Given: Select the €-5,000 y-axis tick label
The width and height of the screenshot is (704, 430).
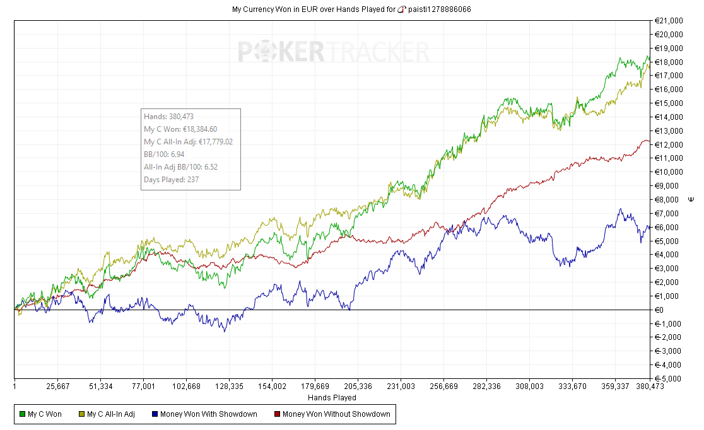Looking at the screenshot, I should click(x=668, y=379).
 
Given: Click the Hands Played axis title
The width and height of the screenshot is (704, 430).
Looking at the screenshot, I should click(x=332, y=398).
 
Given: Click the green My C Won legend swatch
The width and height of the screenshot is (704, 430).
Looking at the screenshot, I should click(x=23, y=414).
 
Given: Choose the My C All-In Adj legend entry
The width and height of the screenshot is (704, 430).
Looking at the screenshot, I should click(x=110, y=414).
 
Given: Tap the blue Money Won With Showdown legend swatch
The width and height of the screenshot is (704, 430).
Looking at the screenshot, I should click(x=155, y=414).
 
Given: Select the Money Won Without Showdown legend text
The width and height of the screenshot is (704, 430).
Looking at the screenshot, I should click(x=336, y=414).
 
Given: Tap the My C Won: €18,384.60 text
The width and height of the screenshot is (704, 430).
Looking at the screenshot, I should click(x=180, y=129).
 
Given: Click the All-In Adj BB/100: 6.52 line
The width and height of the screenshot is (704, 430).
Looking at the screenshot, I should click(x=181, y=166).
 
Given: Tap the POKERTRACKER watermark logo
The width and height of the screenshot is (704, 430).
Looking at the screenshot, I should click(x=333, y=52).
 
